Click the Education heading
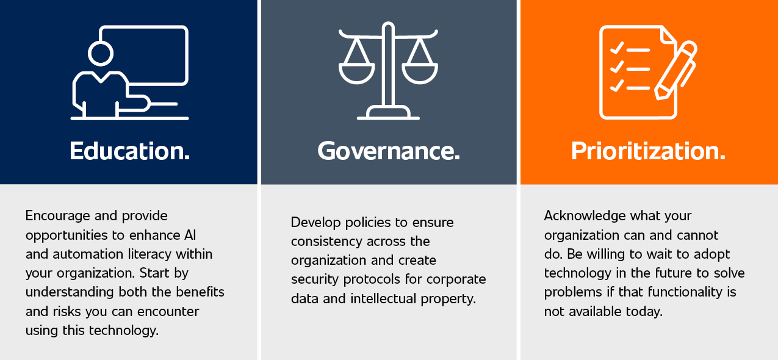pos(129,151)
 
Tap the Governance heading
pos(389,151)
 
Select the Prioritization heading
pos(649,151)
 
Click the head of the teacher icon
pos(101,54)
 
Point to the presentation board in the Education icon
pos(187,56)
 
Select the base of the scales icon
pos(388,113)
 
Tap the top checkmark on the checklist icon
pos(617,48)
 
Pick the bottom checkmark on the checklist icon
pos(617,86)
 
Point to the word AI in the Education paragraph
pos(190,235)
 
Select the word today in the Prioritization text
pos(644,312)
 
